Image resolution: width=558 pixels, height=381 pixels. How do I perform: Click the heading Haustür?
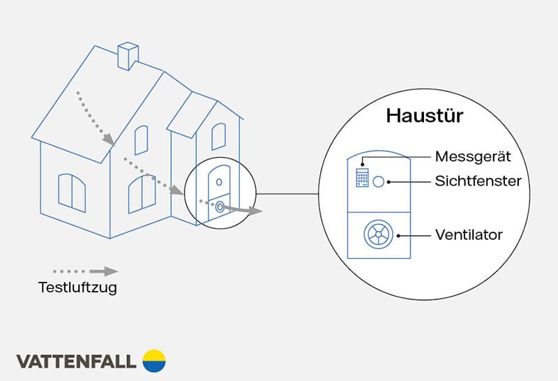[416, 116]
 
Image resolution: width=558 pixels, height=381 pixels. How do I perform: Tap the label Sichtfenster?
[478, 181]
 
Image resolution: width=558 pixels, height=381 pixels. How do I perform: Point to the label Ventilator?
[469, 234]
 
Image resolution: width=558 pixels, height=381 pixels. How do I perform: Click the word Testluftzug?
[77, 287]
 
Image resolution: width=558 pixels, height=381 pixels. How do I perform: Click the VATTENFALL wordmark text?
[76, 361]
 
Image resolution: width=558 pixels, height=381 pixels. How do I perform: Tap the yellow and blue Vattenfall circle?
[154, 361]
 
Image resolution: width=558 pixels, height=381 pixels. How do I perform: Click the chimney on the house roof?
[128, 56]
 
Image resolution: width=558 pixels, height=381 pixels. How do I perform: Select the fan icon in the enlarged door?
[379, 235]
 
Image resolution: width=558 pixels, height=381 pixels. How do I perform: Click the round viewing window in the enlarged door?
[379, 181]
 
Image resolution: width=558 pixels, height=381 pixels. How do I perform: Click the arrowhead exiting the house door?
[255, 211]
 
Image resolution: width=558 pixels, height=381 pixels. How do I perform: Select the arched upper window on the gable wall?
[141, 140]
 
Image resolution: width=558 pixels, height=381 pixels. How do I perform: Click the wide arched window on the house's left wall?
[72, 192]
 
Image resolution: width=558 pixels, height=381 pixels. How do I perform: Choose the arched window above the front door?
[218, 136]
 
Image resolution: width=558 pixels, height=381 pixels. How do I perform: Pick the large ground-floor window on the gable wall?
[142, 193]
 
